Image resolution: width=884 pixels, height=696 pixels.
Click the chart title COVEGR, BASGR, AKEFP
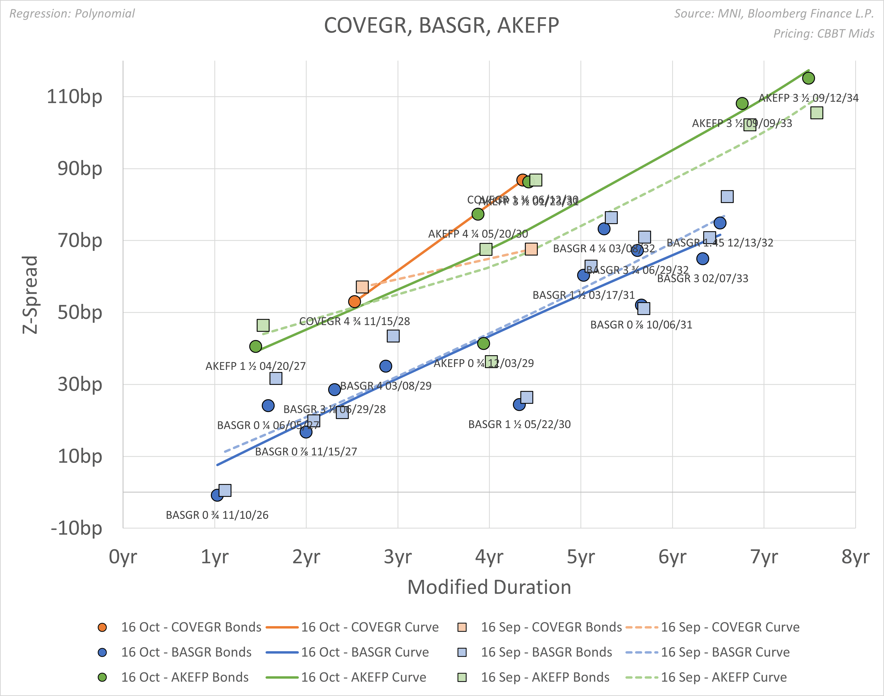(441, 26)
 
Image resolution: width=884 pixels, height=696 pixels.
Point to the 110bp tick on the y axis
(75, 97)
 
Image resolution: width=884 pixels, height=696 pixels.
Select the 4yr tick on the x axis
(489, 557)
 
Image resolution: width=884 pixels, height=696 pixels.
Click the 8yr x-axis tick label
(855, 557)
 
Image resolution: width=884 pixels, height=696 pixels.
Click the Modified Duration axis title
(489, 587)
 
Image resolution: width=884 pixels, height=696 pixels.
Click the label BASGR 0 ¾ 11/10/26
(217, 515)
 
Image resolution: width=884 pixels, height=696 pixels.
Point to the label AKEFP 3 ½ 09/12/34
(808, 98)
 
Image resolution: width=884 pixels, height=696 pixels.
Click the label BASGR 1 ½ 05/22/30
(519, 424)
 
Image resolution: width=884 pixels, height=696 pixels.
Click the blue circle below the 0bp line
(217, 495)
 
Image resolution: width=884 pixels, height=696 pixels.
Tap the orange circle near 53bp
(354, 302)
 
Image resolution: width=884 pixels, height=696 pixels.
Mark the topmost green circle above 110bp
(808, 78)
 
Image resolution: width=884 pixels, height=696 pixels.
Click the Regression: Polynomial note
(72, 13)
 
